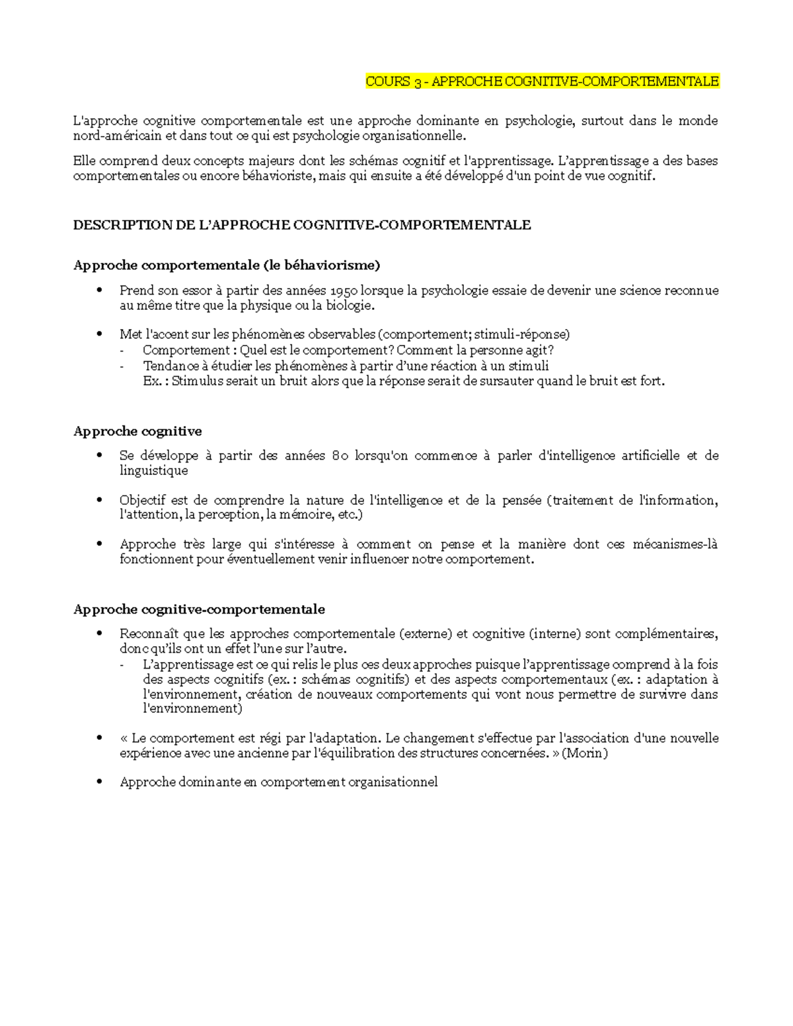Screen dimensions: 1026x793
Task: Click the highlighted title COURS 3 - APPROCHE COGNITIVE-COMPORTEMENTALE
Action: coord(542,82)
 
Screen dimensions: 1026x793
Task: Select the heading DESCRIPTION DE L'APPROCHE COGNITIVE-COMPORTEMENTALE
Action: coord(301,225)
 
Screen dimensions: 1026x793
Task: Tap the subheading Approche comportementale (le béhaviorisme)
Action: coord(227,266)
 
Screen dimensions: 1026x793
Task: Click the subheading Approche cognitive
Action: coord(137,431)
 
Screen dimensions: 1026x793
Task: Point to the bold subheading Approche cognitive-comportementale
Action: coord(199,609)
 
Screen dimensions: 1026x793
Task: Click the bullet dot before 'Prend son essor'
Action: coord(99,290)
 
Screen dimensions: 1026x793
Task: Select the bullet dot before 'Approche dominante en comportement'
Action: coord(99,782)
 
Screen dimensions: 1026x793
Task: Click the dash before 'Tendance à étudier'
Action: coord(122,367)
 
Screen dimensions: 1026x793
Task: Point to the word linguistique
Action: coord(153,470)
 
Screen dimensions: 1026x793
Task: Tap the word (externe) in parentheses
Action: coord(425,634)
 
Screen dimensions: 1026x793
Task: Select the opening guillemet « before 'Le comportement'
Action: coord(124,738)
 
